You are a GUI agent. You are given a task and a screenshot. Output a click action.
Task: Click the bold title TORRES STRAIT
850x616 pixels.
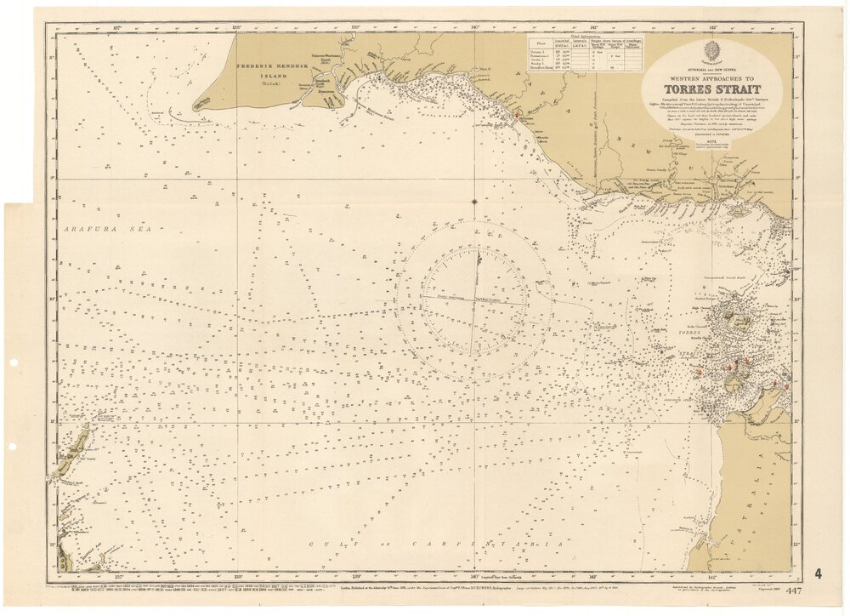[711, 91]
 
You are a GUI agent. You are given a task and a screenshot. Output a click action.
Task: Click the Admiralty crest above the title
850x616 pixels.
[712, 50]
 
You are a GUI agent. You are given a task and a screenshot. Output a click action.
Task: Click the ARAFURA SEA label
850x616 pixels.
[93, 230]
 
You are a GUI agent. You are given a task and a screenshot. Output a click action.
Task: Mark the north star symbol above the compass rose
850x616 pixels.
[474, 202]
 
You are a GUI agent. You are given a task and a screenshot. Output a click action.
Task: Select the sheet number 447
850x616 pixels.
[795, 591]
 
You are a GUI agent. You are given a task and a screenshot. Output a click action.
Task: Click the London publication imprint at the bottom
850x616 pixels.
[425, 587]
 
